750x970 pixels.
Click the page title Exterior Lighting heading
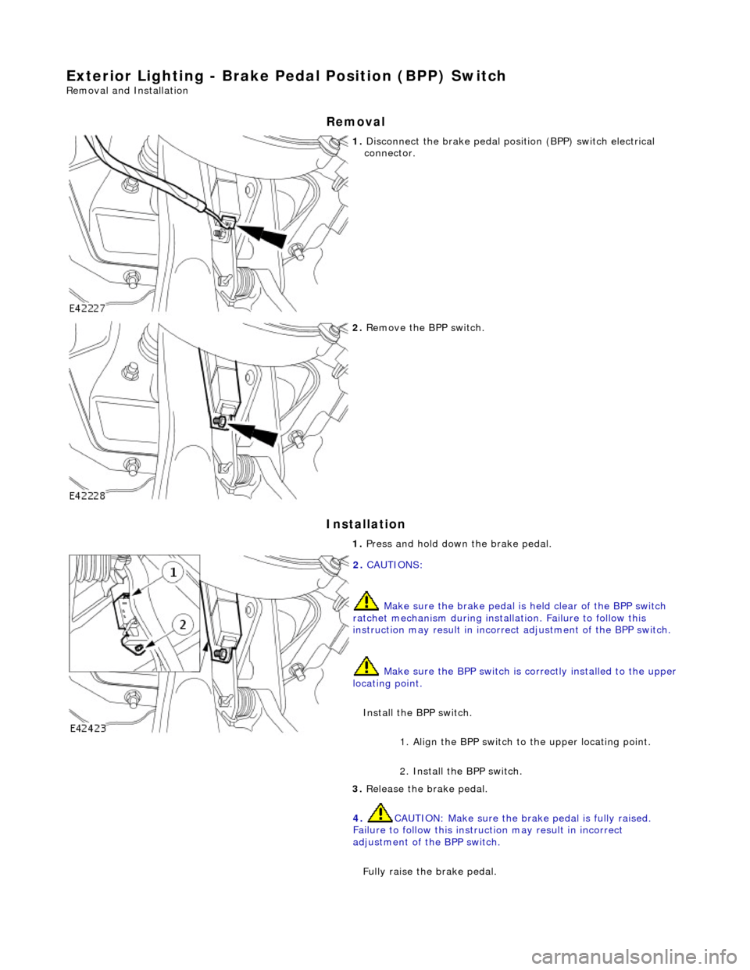[286, 76]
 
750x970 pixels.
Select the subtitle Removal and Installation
[127, 91]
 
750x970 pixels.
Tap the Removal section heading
[355, 122]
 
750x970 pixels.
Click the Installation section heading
[366, 524]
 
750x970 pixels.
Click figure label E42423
[88, 727]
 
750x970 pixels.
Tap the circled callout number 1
[173, 573]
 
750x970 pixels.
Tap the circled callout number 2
[182, 624]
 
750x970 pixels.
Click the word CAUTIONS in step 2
[394, 565]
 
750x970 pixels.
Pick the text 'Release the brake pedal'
[427, 789]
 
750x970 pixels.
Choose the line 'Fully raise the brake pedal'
[429, 871]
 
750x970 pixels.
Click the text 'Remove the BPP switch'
[424, 327]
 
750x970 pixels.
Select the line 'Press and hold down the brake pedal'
[458, 544]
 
